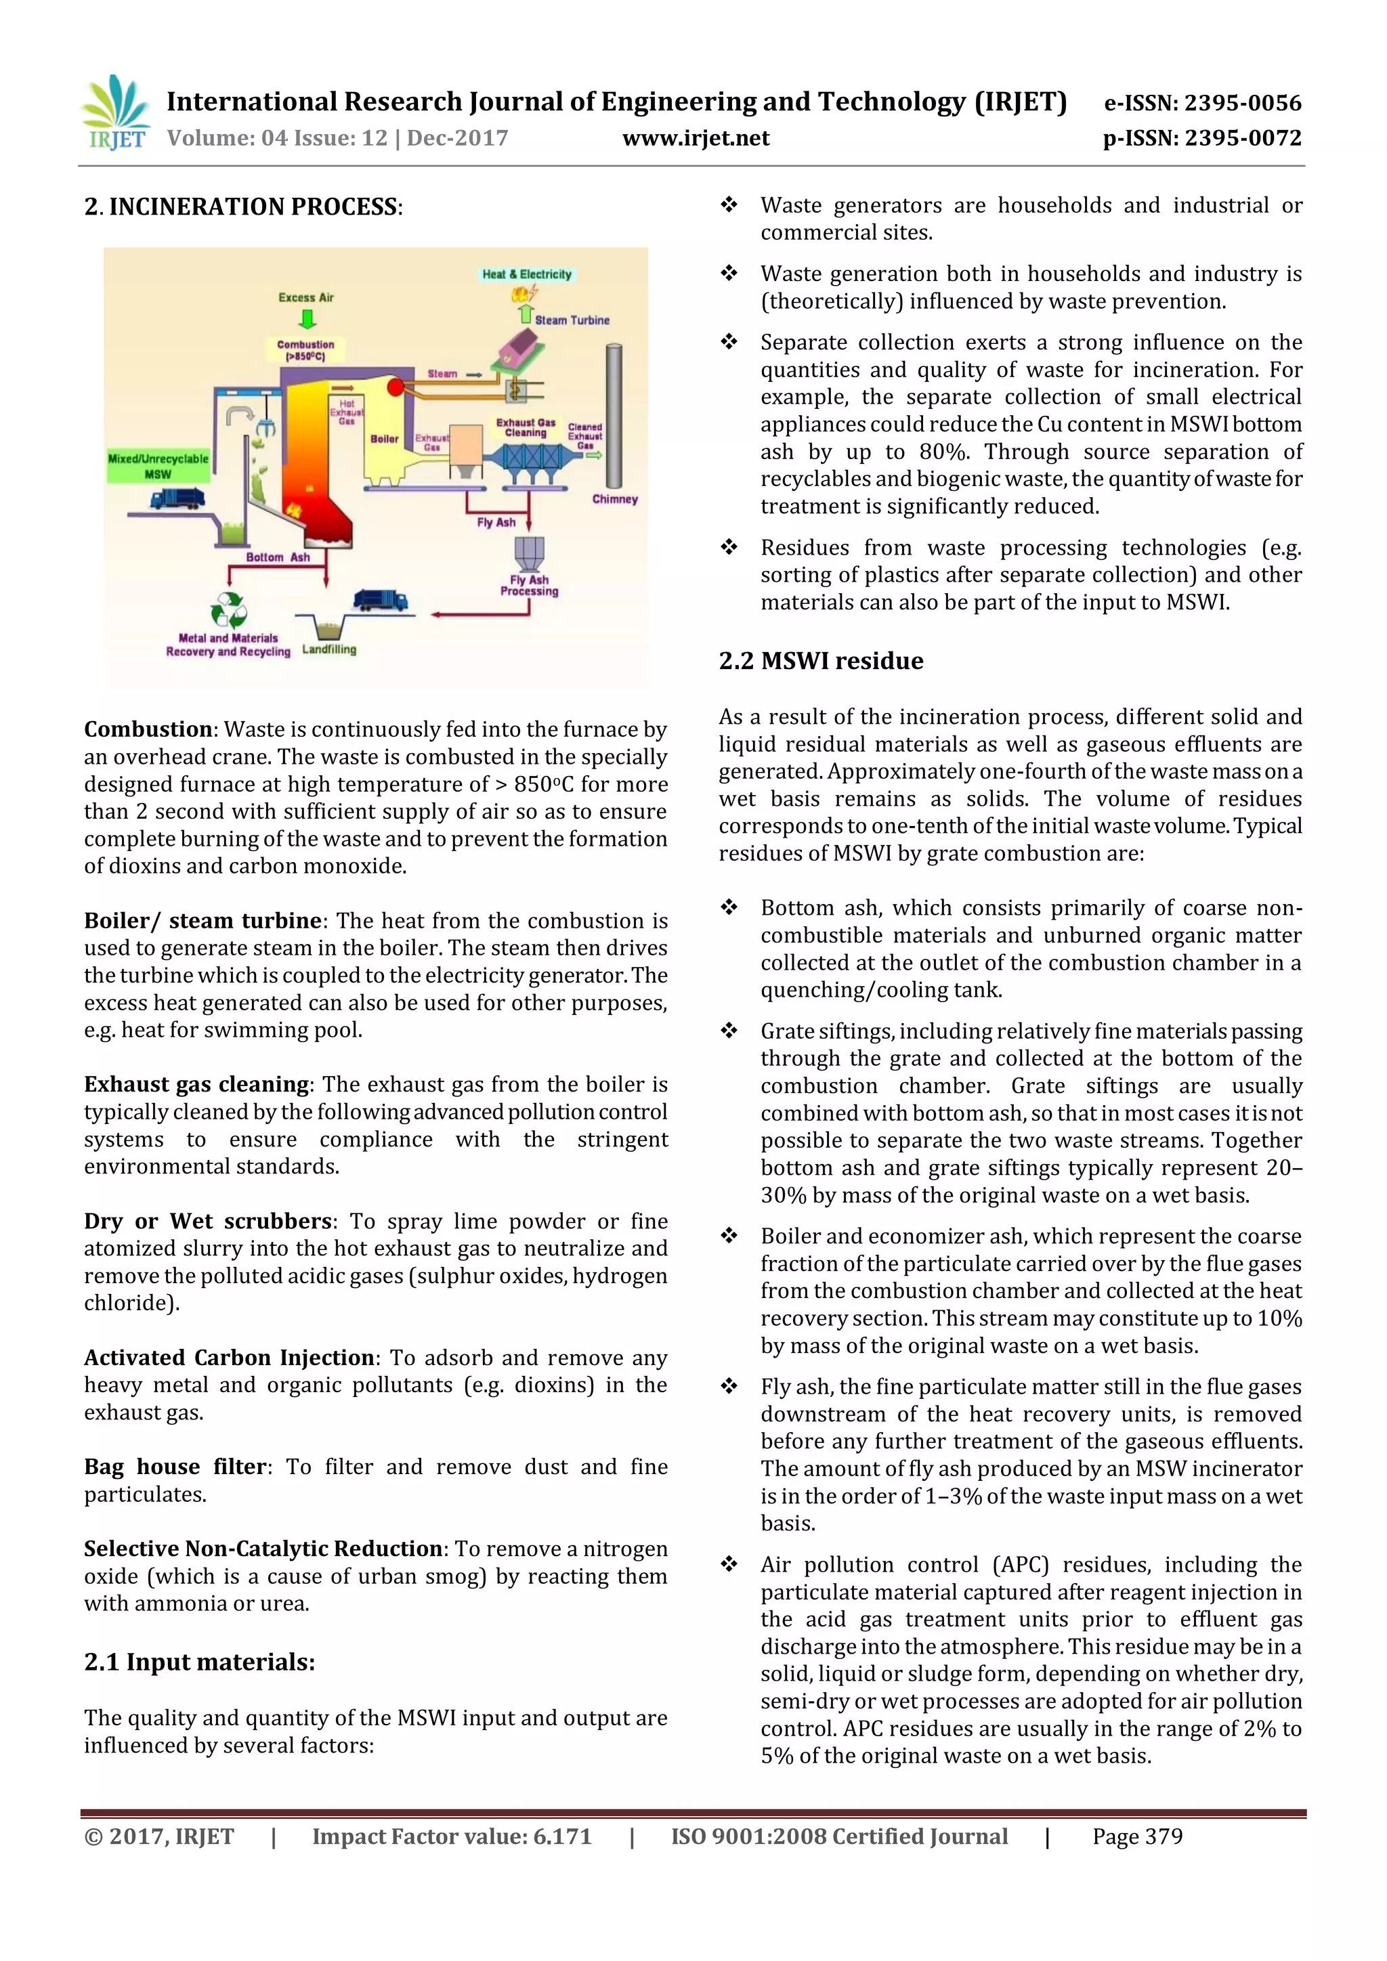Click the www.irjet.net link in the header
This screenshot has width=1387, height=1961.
click(696, 138)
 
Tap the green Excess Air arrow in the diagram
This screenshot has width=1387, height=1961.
click(307, 318)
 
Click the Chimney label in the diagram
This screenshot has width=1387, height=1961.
click(615, 499)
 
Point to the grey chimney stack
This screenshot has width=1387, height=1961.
click(613, 415)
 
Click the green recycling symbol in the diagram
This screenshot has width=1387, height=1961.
click(229, 611)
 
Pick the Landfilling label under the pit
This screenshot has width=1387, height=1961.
click(329, 649)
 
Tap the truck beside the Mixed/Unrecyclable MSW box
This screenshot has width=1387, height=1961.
click(177, 497)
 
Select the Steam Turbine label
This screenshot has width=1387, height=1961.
click(572, 320)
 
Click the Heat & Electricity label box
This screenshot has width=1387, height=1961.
click(526, 274)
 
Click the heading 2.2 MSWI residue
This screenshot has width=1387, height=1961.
click(821, 661)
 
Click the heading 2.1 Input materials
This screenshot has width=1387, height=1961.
click(199, 1662)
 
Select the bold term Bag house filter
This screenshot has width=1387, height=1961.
click(174, 1467)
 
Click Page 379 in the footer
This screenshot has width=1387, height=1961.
click(1137, 1836)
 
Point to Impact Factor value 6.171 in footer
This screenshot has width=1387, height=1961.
click(451, 1836)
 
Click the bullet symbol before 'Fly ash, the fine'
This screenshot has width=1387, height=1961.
click(729, 1385)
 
